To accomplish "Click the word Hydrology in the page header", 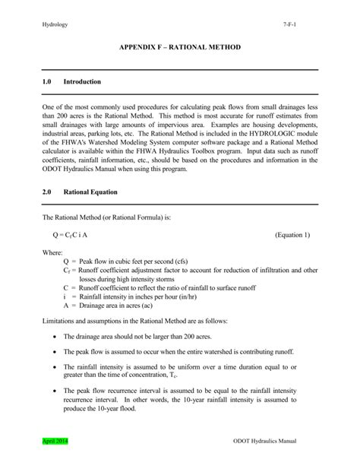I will click(x=55, y=25).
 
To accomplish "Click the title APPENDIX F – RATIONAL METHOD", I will click(x=180, y=47).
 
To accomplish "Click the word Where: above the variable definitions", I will click(x=53, y=252).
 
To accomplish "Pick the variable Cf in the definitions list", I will click(x=66, y=270).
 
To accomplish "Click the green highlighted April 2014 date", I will click(x=56, y=442).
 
